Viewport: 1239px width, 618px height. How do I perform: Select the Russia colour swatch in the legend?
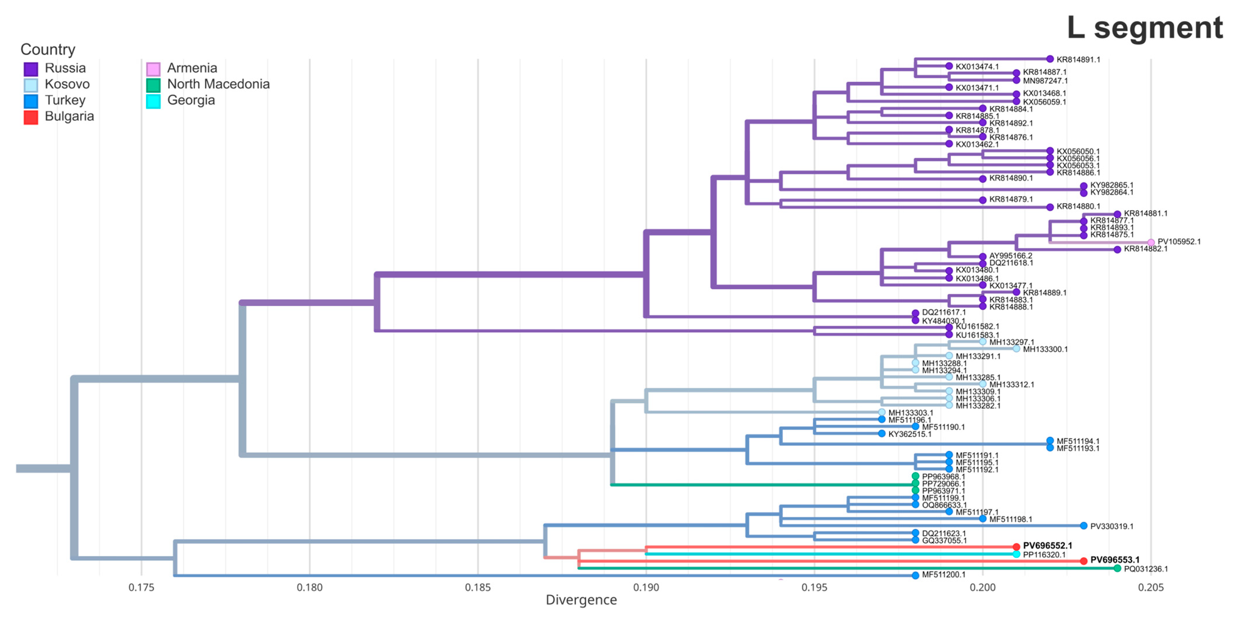coord(31,69)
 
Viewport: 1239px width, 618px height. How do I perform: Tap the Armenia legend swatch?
coord(153,69)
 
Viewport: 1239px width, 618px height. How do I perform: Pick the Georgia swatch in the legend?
coord(153,101)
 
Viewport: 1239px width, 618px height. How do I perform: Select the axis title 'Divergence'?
coord(581,600)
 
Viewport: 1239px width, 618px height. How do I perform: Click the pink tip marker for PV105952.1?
coord(1151,242)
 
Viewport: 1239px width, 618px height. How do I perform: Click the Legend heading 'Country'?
coord(48,49)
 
